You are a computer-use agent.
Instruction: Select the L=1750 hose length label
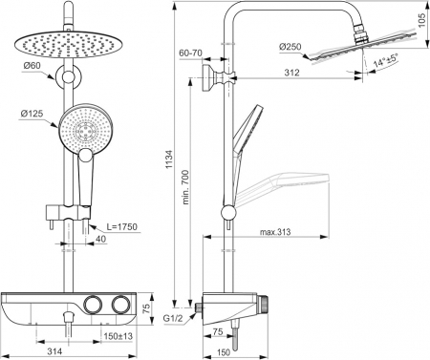point(125,226)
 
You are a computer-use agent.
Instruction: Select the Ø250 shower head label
point(291,48)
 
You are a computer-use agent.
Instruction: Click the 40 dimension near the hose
point(100,240)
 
